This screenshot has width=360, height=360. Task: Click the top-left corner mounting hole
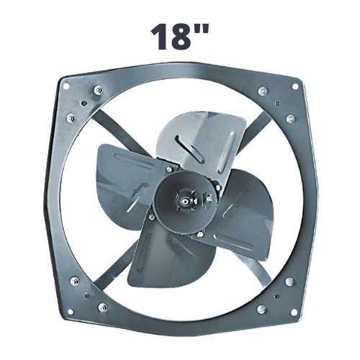66,86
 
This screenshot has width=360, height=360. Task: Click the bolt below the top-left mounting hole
70,118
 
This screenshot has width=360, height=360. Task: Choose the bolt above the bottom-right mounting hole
289,280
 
